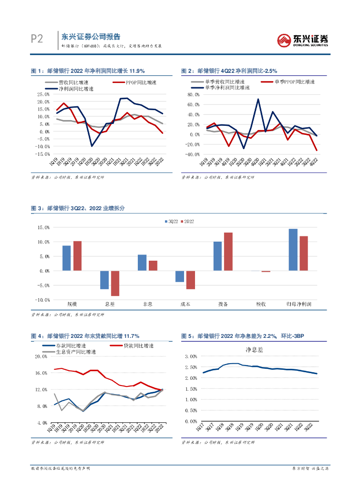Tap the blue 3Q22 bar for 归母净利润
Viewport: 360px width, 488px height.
(x=293, y=250)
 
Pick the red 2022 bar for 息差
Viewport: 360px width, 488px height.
(x=115, y=283)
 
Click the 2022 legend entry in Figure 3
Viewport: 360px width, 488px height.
(x=187, y=222)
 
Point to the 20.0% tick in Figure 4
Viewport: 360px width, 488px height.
(x=41, y=356)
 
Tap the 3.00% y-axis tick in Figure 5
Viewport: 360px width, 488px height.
(x=190, y=356)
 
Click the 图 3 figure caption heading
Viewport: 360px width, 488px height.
(x=78, y=208)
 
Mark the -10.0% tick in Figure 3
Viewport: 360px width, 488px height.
(x=43, y=300)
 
